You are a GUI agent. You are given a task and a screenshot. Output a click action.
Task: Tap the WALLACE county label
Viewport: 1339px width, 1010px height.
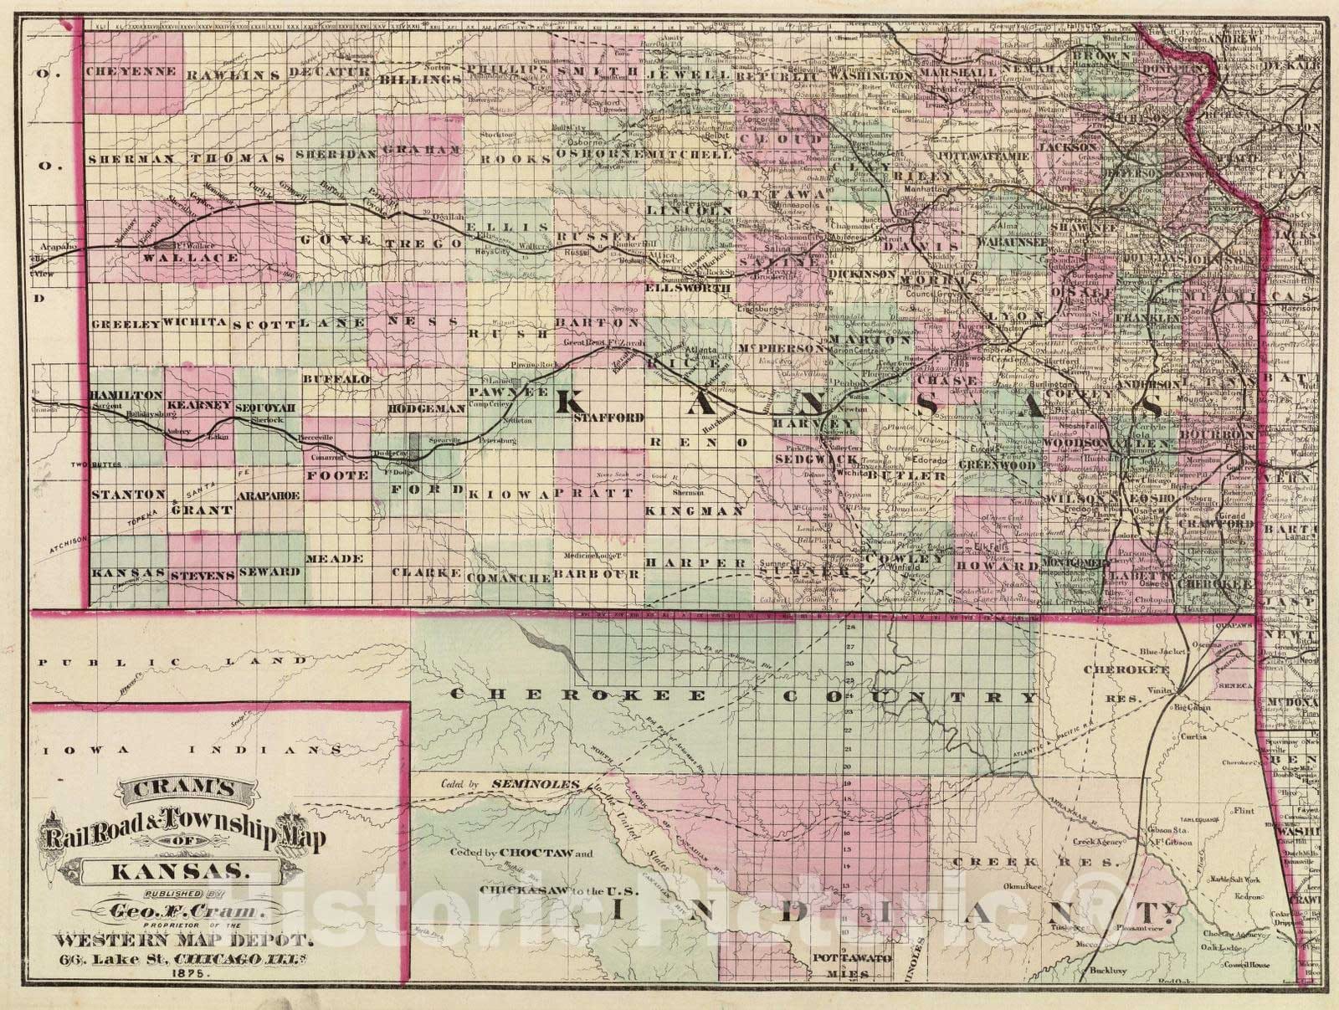pyautogui.click(x=202, y=259)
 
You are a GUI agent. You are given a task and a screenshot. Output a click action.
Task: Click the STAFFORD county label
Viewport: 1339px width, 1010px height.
pyautogui.click(x=608, y=417)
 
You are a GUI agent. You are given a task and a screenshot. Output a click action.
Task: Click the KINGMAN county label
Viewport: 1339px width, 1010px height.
pyautogui.click(x=695, y=510)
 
